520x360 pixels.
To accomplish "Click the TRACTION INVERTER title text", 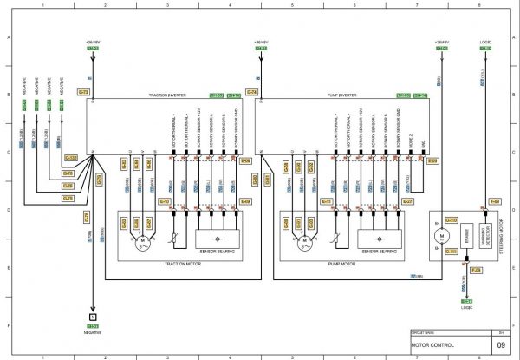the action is click(165, 96).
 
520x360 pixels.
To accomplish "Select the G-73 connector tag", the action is click(83, 91).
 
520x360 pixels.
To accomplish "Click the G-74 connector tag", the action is click(252, 91).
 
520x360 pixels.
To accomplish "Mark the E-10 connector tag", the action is click(164, 201).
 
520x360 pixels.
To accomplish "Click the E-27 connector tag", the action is click(408, 201).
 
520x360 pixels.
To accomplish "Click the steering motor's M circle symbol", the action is click(441, 237).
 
